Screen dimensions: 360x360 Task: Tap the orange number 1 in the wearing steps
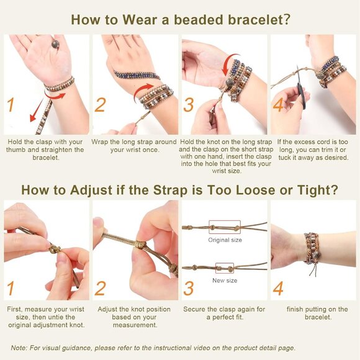point(11,105)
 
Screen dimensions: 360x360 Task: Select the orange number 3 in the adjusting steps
point(189,289)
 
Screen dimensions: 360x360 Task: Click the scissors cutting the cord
point(300,88)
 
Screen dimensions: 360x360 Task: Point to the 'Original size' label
point(225,240)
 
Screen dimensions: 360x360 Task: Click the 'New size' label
point(225,281)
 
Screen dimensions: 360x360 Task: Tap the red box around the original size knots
point(225,227)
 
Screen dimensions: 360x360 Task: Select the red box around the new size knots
point(225,268)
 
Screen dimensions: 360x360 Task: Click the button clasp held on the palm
point(55,44)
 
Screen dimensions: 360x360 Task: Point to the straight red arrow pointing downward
point(37,110)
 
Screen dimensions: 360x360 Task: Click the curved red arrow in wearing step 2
point(142,92)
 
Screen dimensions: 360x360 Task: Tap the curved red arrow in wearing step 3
point(230,65)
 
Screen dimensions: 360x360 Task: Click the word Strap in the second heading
point(170,191)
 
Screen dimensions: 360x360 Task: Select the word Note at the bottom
point(19,348)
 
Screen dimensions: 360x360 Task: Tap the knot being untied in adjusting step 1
point(55,249)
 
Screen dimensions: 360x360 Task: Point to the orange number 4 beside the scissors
point(278,105)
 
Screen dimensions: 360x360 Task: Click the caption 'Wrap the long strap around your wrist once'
point(134,146)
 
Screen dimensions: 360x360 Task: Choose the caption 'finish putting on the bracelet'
point(317,313)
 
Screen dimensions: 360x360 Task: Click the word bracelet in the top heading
point(259,19)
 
